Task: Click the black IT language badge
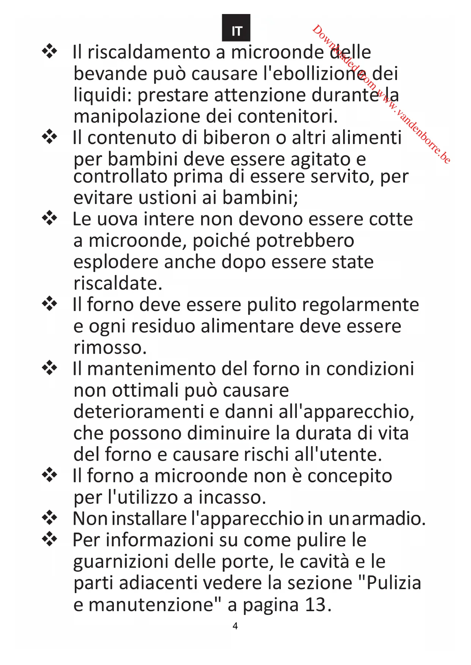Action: click(x=236, y=28)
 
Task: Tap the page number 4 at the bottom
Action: click(x=235, y=626)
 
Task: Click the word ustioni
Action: click(x=167, y=198)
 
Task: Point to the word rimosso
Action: click(x=110, y=348)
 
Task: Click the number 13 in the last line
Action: click(x=315, y=605)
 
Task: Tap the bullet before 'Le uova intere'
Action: click(x=50, y=218)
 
